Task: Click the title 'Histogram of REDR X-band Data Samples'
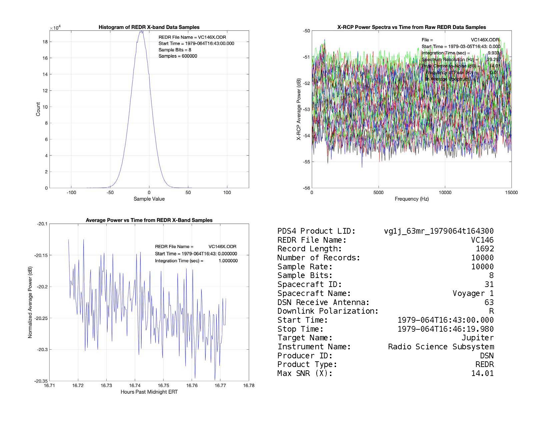(149, 27)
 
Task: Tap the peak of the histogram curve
(141, 31)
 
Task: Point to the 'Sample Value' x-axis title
(149, 199)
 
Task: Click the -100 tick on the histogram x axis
(71, 193)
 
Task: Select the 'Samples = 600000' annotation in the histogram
(178, 56)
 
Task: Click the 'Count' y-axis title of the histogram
(38, 109)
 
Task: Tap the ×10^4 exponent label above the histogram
(55, 28)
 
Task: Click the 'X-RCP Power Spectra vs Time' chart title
(412, 27)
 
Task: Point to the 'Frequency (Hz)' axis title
(412, 199)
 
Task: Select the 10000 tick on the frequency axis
(445, 193)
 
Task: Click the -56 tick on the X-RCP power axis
(306, 188)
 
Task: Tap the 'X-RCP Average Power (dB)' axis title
(299, 109)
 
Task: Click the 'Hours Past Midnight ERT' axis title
(149, 392)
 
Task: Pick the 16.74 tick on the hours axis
(135, 386)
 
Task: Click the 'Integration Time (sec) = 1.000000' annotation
(196, 261)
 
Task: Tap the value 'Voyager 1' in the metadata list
(473, 293)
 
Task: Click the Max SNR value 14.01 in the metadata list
(482, 373)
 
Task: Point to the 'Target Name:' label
(305, 338)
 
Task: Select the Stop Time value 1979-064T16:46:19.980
(446, 329)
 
